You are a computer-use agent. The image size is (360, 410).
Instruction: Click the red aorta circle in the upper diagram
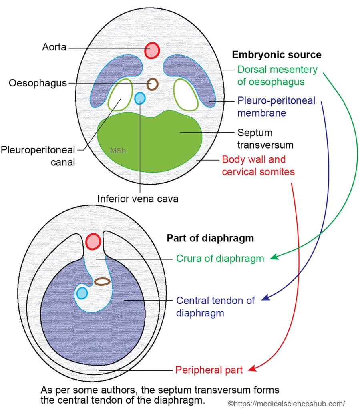152,50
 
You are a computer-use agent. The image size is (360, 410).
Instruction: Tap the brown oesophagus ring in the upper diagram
152,84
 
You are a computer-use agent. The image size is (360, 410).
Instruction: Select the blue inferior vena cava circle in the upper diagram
139,98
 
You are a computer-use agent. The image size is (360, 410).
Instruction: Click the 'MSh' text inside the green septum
117,151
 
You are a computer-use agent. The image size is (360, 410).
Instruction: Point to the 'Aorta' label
54,47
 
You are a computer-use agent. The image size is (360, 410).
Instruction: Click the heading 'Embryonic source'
277,55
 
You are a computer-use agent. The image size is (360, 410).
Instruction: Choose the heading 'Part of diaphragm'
210,238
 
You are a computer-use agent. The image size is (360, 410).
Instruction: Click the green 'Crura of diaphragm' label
220,259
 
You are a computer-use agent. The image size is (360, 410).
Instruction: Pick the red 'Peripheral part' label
209,370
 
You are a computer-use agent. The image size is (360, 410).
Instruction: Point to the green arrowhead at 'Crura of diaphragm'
273,257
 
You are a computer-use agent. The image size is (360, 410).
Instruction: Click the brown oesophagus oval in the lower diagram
102,281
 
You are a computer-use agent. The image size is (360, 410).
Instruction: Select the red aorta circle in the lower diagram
93,241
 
